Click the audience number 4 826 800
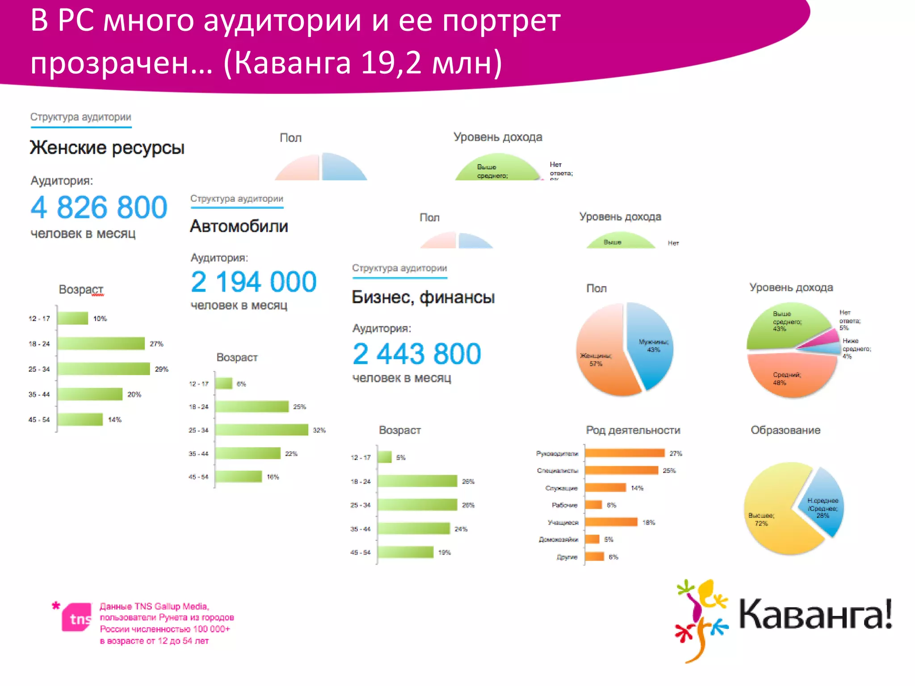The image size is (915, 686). [x=99, y=207]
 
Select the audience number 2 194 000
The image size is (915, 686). [x=253, y=282]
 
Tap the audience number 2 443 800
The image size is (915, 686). [x=416, y=354]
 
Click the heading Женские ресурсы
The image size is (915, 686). [x=107, y=147]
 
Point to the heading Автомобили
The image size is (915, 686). [x=239, y=226]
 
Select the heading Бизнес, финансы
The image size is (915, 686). [x=423, y=297]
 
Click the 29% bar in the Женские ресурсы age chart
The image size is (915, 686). [x=104, y=369]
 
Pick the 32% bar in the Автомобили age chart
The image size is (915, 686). [x=262, y=430]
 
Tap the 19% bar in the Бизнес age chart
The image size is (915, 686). [x=406, y=552]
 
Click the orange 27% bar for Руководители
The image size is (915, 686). [x=625, y=453]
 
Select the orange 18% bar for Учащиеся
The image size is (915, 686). [x=611, y=522]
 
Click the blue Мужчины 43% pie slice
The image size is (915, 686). [x=651, y=344]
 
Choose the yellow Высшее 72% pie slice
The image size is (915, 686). [x=775, y=514]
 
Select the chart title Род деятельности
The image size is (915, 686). [x=633, y=430]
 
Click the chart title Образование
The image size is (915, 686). [x=785, y=430]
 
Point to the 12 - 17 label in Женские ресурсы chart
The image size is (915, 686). [x=39, y=318]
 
